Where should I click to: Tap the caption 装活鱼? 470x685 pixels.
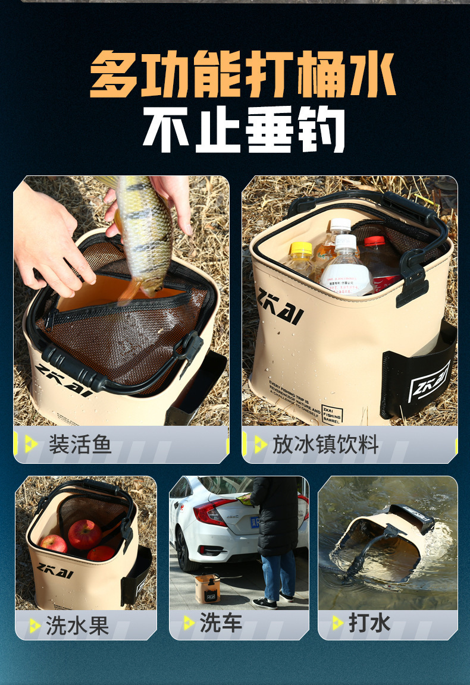point(80,444)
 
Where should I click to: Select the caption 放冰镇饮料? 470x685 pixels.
point(325,444)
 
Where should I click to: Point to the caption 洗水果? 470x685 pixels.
point(77,625)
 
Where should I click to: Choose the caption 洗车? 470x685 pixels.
point(221,623)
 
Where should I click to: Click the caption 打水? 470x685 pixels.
point(369,623)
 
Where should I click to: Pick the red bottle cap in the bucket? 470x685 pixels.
point(374,241)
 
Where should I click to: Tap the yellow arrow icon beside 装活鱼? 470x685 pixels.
point(30,444)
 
